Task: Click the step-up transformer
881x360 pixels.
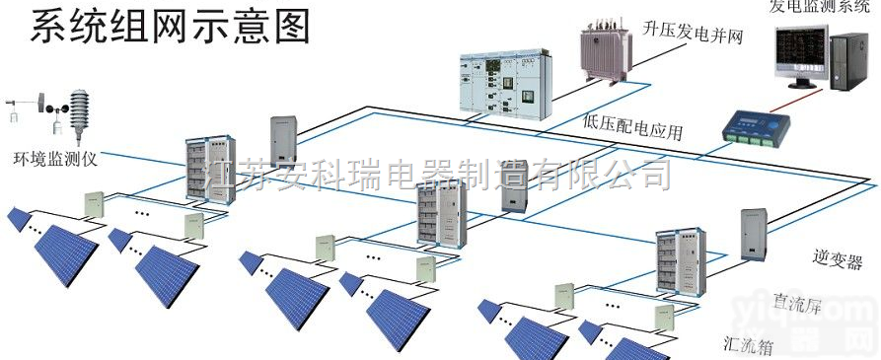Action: (605, 55)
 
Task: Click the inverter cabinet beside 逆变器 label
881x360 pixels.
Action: (754, 235)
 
